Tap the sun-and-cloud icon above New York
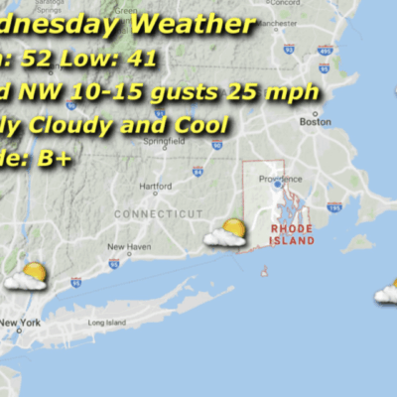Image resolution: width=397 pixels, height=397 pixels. point(27,276)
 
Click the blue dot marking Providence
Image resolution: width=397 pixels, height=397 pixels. point(277,184)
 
